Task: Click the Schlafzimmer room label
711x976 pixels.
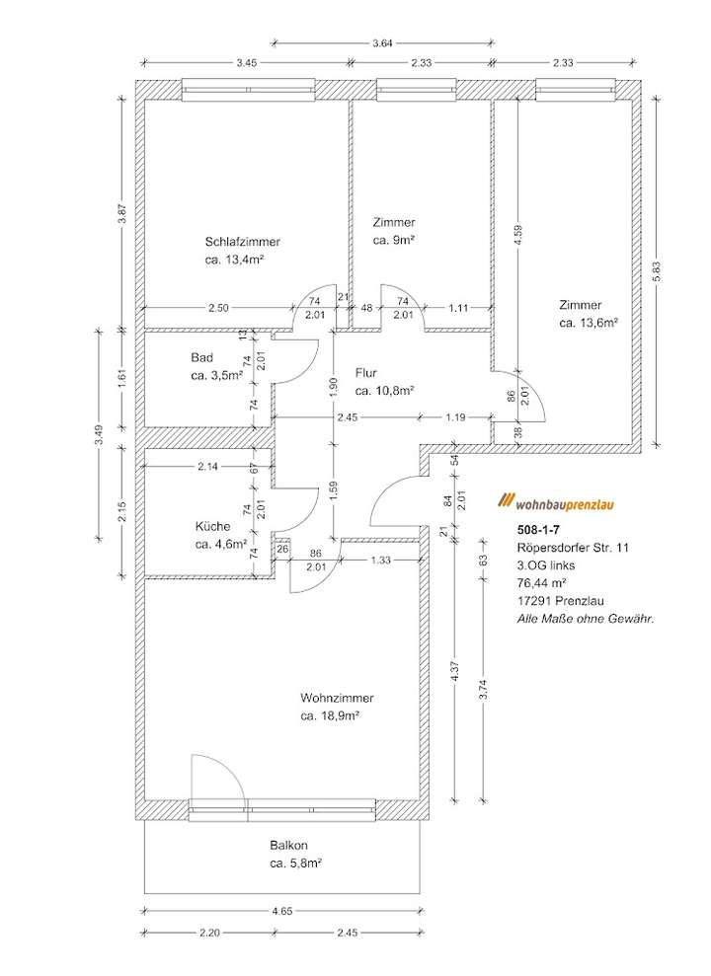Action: (x=243, y=242)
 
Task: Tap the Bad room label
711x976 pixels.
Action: (x=202, y=357)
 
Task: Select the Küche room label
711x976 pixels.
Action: (x=212, y=526)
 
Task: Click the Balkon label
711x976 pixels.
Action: (x=289, y=846)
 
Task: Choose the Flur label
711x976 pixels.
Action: (x=369, y=373)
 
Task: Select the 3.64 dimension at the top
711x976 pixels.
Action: (x=382, y=42)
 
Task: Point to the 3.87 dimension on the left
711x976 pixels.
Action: (x=121, y=213)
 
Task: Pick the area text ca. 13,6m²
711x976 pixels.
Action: (x=589, y=323)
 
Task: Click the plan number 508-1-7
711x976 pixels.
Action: (x=535, y=529)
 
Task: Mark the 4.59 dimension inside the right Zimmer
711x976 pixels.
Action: (x=517, y=237)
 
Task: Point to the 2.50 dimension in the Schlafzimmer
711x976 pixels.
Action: (x=218, y=308)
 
